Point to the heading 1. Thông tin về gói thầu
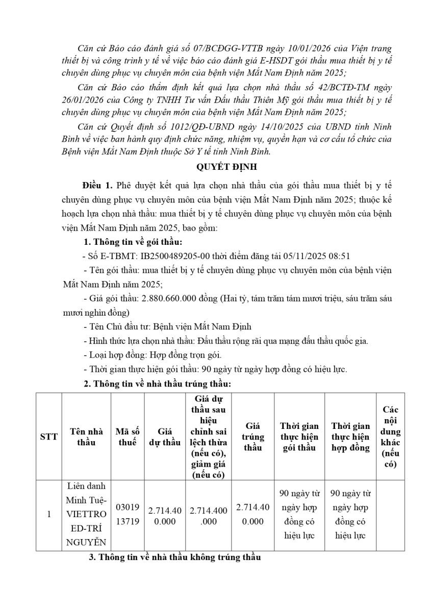point(133,242)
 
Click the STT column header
point(49,436)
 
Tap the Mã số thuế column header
point(128,436)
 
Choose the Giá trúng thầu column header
point(253,436)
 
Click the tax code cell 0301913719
point(128,515)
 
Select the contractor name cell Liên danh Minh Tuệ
point(86,515)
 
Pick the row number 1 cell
point(49,515)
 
